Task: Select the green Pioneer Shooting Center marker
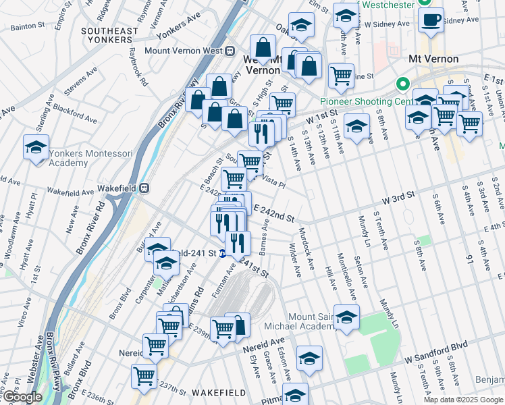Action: (403, 85)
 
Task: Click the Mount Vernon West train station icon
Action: (230, 50)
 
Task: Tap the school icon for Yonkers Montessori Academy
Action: (36, 147)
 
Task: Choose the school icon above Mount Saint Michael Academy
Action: (346, 317)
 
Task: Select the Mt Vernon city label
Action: (433, 59)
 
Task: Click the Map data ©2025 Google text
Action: (463, 400)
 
